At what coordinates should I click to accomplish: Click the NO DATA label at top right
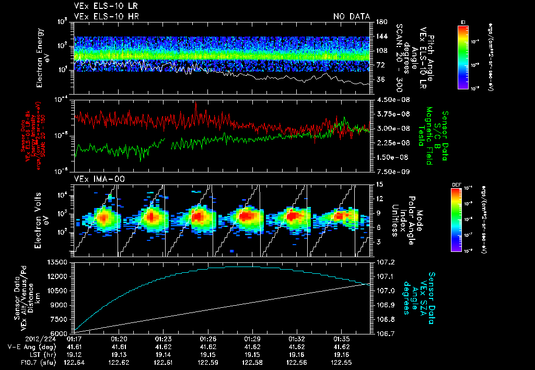click(x=351, y=16)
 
